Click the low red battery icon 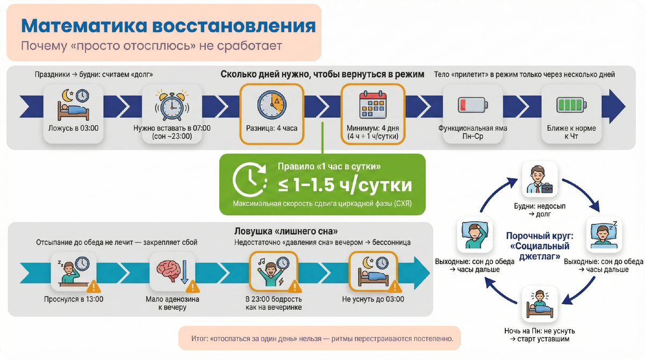coord(472,104)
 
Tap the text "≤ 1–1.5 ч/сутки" coord(345,185)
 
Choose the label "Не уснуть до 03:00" coord(373,299)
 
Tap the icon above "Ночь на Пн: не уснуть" coord(539,304)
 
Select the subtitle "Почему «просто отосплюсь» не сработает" coord(151,46)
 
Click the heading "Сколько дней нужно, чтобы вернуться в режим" coord(322,74)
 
